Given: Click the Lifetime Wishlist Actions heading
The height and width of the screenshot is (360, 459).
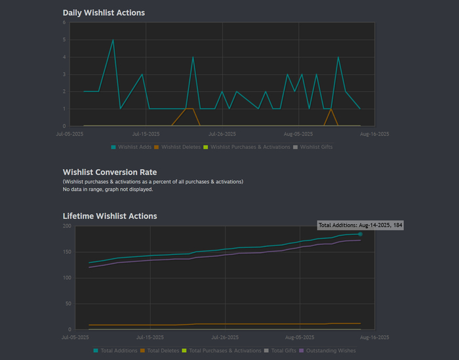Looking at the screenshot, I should point(110,216).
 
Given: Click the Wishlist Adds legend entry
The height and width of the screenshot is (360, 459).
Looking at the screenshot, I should point(132,147).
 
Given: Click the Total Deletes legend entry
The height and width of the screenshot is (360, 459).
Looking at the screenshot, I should point(159,351).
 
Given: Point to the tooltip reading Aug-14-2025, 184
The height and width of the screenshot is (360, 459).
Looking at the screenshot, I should point(360,225).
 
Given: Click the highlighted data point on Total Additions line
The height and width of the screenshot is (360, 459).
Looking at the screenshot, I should point(360,234).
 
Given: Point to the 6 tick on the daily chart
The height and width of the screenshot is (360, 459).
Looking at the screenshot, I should point(65,22).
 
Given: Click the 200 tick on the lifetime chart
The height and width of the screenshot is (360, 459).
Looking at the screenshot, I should point(66,226).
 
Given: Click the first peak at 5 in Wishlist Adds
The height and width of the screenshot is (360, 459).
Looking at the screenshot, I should point(113,40).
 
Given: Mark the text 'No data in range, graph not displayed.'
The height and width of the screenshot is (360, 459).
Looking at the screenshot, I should point(108,190).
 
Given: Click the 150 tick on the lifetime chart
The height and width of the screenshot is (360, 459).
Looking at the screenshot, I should point(66,252).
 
